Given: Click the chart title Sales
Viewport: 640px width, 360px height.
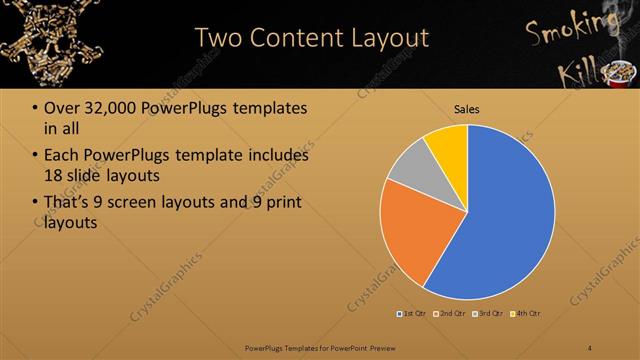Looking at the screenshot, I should (x=467, y=109).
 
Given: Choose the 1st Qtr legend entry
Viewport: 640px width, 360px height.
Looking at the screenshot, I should (x=414, y=314).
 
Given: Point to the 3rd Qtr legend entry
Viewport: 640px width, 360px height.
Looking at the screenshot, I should (x=488, y=314).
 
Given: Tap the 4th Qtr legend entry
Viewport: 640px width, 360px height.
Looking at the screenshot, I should (x=525, y=314).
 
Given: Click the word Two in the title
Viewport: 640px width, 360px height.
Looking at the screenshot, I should (x=217, y=38).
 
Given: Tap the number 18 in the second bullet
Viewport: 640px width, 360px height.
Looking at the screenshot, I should (x=55, y=176).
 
